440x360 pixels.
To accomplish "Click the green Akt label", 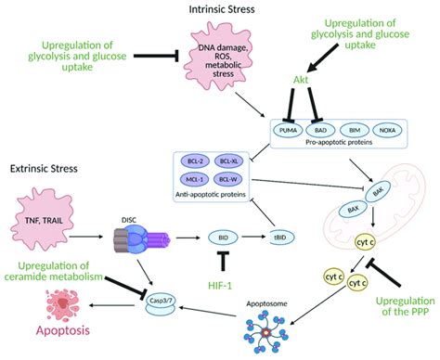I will [x=302, y=82].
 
